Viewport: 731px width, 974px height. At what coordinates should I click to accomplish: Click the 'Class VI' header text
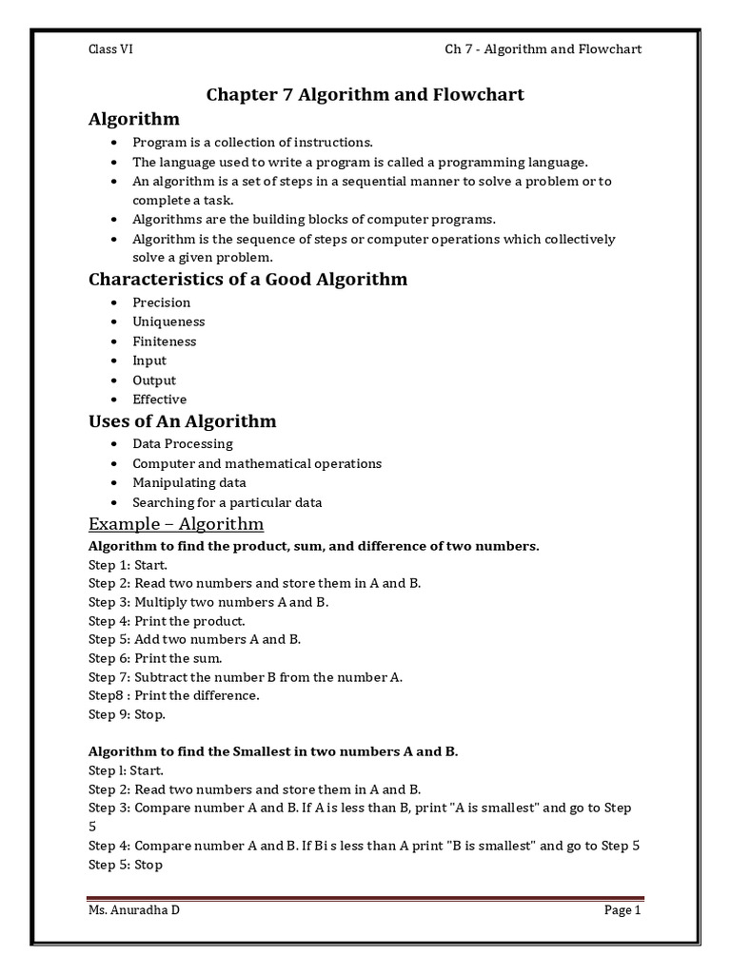pos(110,49)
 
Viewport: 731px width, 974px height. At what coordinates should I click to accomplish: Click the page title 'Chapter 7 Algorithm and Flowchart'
pos(365,94)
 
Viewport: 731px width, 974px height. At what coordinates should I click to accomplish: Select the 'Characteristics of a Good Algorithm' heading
pos(247,279)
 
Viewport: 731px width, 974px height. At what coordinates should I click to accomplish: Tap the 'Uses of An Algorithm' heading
pos(182,420)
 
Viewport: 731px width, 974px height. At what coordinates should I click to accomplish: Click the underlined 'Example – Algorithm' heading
pos(176,524)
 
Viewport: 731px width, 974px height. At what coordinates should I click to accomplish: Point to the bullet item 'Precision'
pos(162,302)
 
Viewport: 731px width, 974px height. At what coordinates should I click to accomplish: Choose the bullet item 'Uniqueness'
pos(168,321)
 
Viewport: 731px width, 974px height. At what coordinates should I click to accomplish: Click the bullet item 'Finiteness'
pos(165,341)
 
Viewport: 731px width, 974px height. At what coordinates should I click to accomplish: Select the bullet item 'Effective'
pos(159,399)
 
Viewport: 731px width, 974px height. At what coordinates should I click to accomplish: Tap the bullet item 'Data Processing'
pos(183,444)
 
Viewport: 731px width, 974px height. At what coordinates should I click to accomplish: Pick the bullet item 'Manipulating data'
pos(189,483)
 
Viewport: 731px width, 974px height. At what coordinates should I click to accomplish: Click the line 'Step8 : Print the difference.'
pos(174,695)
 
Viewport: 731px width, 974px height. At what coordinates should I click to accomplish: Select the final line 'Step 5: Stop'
pos(126,865)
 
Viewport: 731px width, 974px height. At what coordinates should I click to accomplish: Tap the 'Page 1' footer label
pos(622,910)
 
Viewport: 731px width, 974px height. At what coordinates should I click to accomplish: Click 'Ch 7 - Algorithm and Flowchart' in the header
pos(543,49)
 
